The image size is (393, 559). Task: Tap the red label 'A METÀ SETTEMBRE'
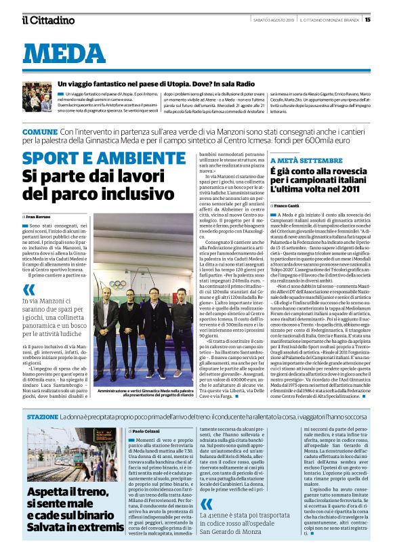pos(297,160)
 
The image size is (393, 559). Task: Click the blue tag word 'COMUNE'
pos(39,131)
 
